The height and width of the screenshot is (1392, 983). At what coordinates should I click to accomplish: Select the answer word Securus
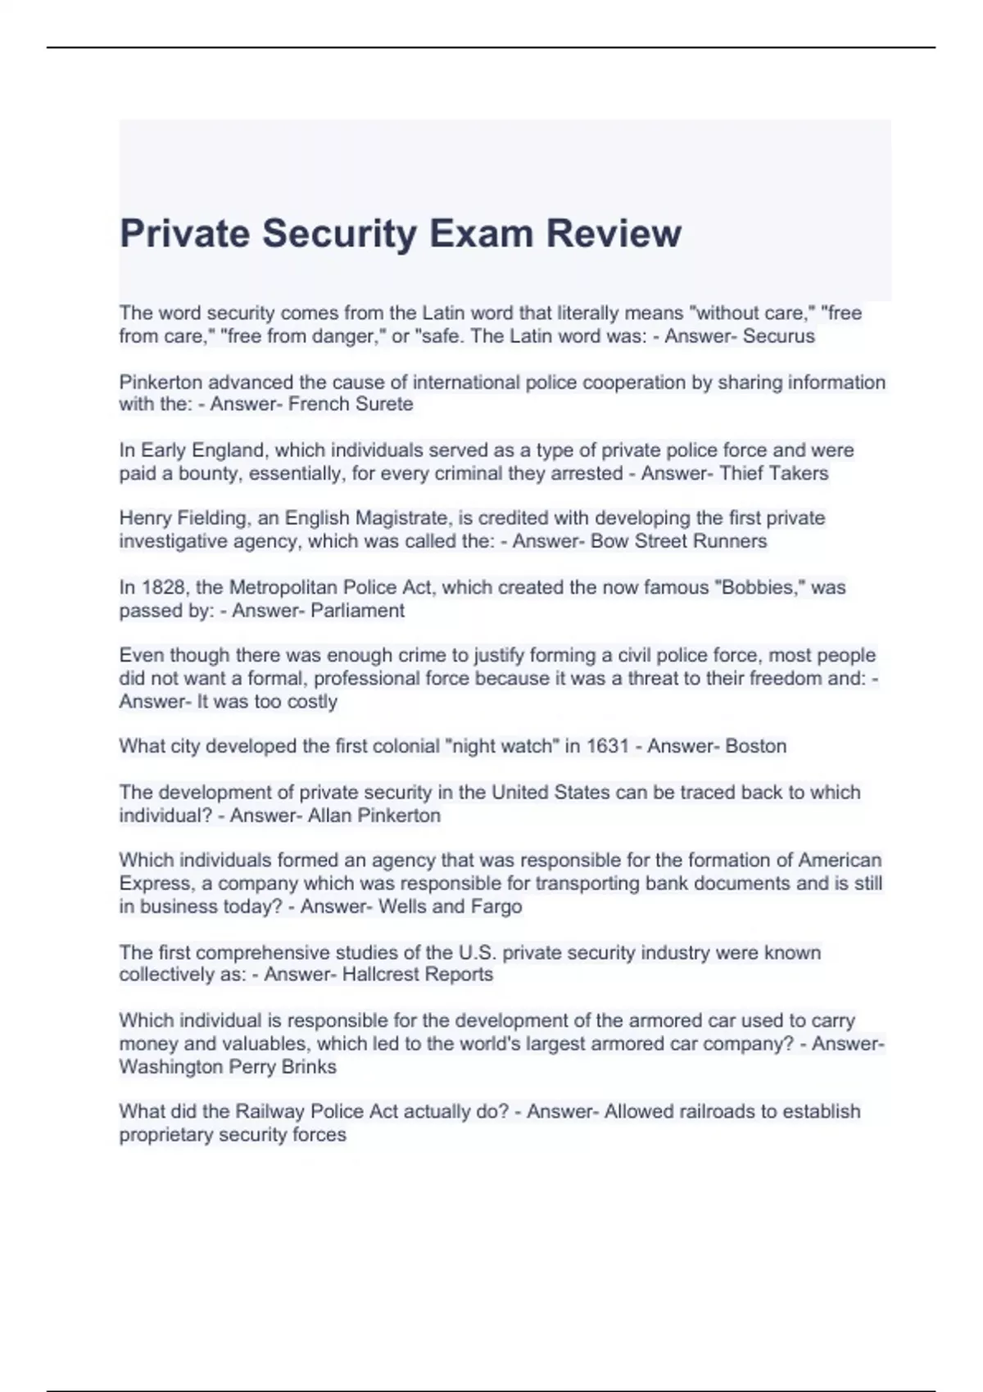point(778,336)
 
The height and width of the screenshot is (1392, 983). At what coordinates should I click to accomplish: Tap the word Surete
point(384,404)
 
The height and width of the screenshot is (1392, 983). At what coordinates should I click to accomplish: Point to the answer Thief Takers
point(774,473)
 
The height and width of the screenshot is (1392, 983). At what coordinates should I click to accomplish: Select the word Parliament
point(357,611)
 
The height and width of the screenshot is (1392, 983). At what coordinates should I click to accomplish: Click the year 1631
point(607,747)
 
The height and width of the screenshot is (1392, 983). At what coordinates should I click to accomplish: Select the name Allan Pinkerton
point(374,816)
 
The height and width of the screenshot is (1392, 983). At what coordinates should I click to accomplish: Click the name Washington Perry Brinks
point(228,1067)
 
